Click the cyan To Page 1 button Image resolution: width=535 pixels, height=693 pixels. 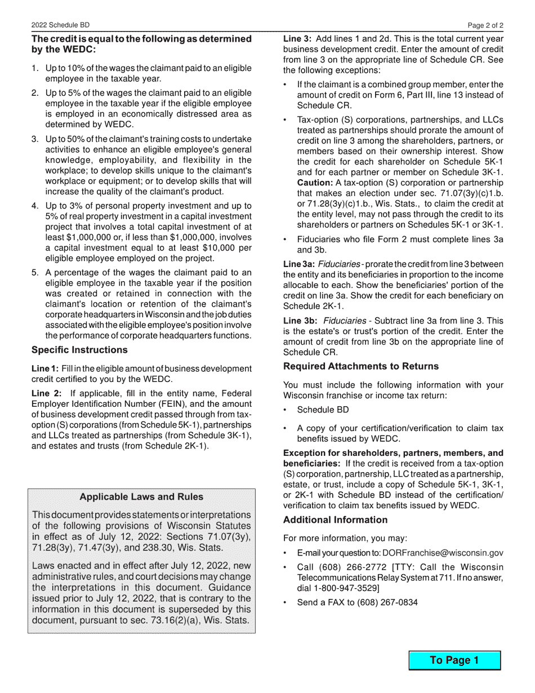[454, 660]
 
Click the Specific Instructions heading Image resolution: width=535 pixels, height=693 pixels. [79, 350]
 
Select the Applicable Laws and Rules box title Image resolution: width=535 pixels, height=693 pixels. [141, 497]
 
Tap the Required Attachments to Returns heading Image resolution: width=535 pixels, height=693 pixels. [360, 366]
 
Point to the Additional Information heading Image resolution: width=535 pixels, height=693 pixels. [335, 519]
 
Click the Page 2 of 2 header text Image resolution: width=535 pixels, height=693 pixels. [485, 25]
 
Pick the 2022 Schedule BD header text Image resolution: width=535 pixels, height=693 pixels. [60, 25]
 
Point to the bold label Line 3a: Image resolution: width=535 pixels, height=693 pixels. [299, 264]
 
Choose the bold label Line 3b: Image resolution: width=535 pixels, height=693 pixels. [299, 321]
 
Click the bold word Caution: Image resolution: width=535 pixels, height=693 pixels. [315, 183]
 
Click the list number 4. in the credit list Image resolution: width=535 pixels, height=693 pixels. [35, 206]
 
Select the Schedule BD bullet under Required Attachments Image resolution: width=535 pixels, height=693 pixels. [323, 410]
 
